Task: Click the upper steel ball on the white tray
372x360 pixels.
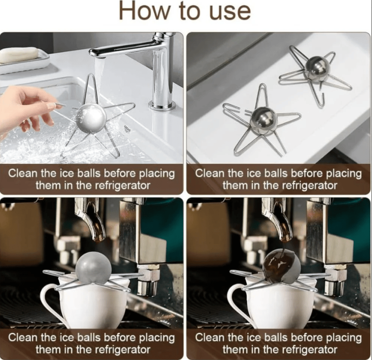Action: pos(316,67)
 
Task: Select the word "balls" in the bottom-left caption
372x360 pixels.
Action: pos(87,337)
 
